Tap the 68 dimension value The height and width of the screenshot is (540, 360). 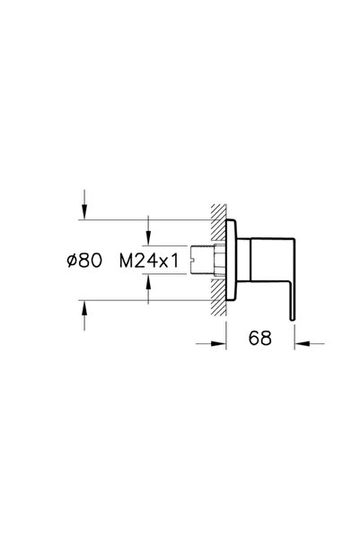[x=260, y=341]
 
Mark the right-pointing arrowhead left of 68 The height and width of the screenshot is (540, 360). [x=218, y=341]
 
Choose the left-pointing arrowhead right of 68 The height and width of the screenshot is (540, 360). [x=300, y=341]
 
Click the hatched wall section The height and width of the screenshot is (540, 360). [x=218, y=260]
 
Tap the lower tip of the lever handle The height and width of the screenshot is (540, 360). [x=292, y=314]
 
